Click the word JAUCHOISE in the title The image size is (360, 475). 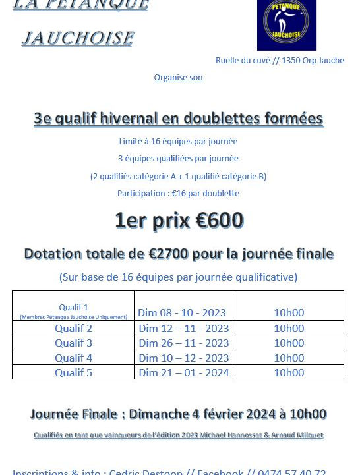tap(77, 38)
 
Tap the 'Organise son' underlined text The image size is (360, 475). tap(178, 78)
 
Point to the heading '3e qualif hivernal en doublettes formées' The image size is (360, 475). tap(178, 119)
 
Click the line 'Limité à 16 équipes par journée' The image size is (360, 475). tap(178, 142)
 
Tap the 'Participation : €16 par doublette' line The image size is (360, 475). tap(178, 194)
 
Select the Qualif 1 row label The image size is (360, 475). tap(73, 308)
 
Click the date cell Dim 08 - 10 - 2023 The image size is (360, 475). tap(181, 312)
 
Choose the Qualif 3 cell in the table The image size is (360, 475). tap(73, 343)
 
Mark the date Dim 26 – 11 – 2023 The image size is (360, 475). tap(184, 343)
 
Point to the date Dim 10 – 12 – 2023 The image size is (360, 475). tap(184, 358)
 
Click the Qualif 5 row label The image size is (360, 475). tap(73, 373)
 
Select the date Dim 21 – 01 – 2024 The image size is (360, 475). tap(184, 373)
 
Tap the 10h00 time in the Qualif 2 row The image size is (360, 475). tap(289, 328)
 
